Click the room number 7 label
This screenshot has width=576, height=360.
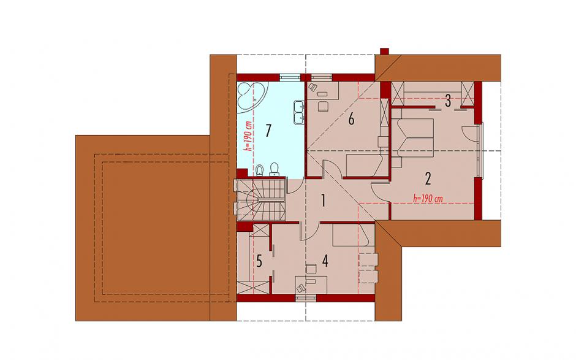click(268, 131)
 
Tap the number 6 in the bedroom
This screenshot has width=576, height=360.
click(351, 120)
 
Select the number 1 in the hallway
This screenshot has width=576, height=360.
click(324, 201)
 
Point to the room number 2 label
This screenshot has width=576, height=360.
click(428, 178)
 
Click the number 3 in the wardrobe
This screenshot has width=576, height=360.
click(448, 101)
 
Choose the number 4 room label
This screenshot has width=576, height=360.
click(325, 261)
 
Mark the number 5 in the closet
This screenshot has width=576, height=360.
click(259, 262)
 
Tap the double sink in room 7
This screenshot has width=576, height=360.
click(299, 112)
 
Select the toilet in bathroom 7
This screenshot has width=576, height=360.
click(274, 169)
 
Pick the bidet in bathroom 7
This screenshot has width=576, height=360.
click(260, 170)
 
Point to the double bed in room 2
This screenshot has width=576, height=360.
click(413, 135)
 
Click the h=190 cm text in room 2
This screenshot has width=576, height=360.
click(428, 199)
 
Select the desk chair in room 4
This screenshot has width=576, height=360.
click(311, 269)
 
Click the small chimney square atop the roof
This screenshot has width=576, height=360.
click(384, 52)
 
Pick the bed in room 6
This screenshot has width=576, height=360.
click(363, 165)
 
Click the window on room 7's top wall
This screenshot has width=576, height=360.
click(289, 77)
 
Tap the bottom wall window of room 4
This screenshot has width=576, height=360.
click(306, 298)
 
